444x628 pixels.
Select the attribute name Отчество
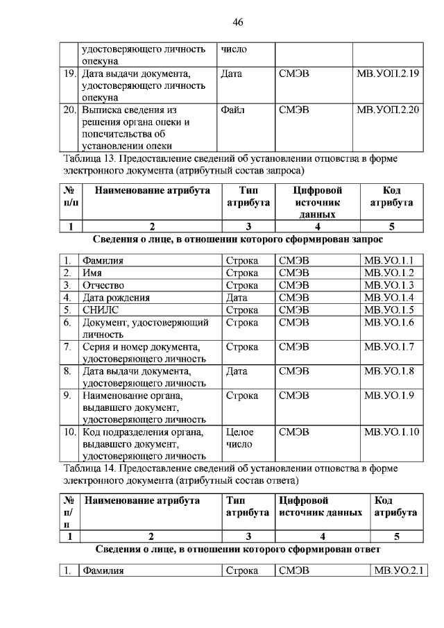(x=103, y=285)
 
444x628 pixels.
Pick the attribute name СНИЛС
(x=101, y=310)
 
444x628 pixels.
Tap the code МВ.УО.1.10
(x=391, y=432)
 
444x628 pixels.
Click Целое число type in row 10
(x=239, y=438)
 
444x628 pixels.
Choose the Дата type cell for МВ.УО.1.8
(x=237, y=371)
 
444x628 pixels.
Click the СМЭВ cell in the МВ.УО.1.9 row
(x=293, y=396)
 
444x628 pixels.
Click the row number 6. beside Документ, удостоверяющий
(x=68, y=323)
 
